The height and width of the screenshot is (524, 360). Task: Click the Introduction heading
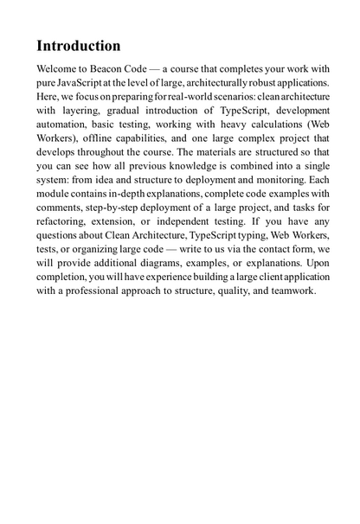coord(78,46)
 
